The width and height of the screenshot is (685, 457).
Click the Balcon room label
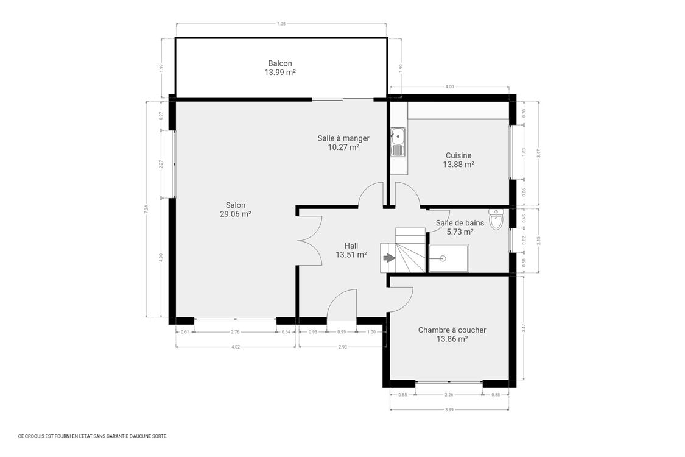click(x=279, y=63)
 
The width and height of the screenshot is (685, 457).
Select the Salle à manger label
click(x=343, y=138)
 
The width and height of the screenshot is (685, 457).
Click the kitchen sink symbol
click(x=398, y=142)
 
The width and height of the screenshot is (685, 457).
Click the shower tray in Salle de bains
click(x=449, y=258)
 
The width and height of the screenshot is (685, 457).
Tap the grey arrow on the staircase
click(x=388, y=258)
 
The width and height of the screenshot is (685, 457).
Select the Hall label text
click(x=351, y=246)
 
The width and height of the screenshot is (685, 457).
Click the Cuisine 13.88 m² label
click(x=458, y=160)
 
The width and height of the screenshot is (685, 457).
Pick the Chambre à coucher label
click(x=452, y=330)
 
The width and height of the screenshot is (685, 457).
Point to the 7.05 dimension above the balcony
click(x=281, y=24)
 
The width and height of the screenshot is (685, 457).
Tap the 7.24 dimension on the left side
click(x=146, y=208)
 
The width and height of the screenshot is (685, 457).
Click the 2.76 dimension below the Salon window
click(x=235, y=331)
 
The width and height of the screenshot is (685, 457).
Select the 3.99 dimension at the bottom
click(x=449, y=409)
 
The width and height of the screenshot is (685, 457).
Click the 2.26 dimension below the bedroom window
click(x=448, y=395)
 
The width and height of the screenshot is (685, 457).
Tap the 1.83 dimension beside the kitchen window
click(x=524, y=152)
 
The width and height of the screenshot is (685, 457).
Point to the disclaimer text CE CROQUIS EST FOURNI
click(x=93, y=436)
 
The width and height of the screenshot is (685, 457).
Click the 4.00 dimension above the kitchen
click(x=449, y=87)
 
